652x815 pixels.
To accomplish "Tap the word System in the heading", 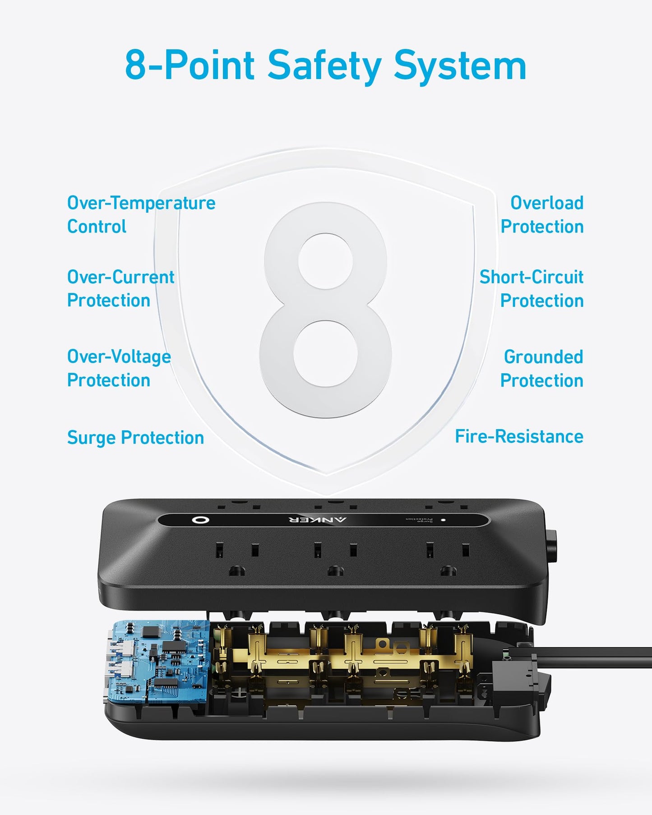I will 460,66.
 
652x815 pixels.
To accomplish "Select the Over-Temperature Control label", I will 141,215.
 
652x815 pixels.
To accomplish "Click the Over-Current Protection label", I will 120,289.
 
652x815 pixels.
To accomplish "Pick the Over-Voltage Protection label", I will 119,368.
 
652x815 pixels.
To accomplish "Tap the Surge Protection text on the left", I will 135,438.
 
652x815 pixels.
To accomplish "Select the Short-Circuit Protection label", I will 532,289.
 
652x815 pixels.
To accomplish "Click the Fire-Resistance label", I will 519,437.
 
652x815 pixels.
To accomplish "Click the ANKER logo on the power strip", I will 317,520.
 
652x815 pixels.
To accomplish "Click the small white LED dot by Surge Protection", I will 443,520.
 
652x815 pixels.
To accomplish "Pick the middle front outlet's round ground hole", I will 335,571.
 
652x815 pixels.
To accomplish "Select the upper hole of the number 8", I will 325,261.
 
